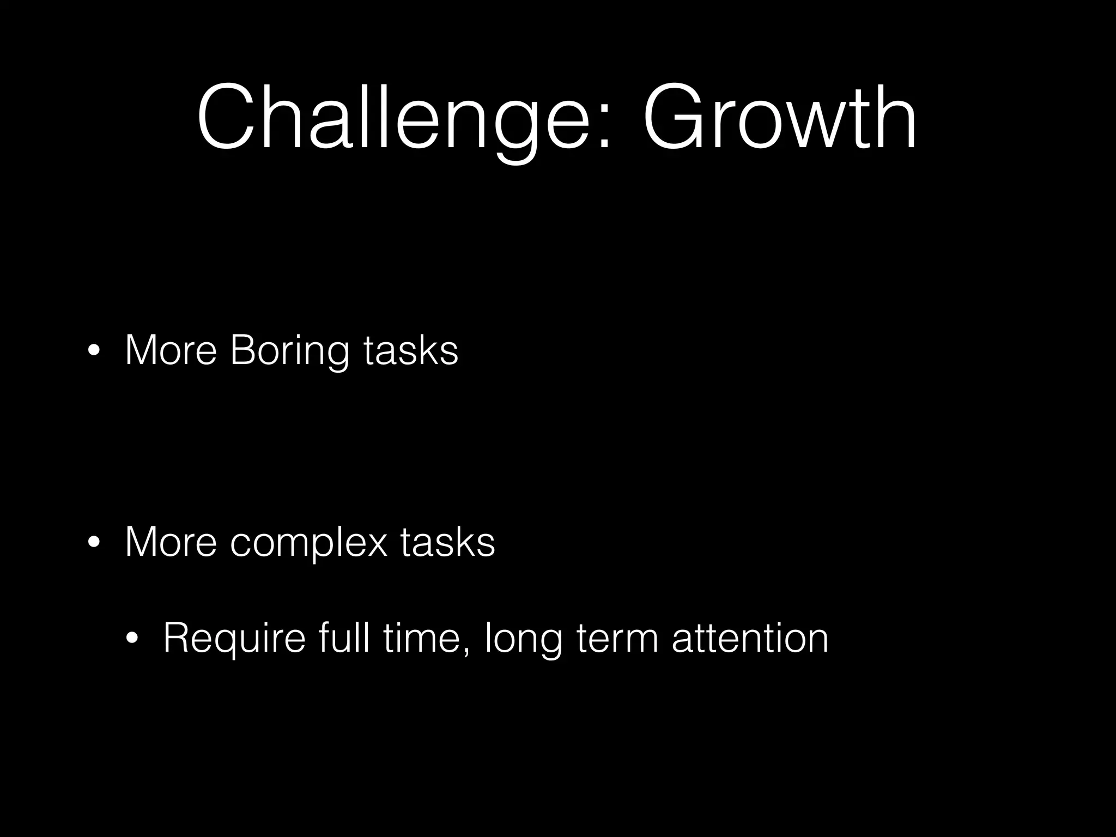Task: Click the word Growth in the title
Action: (x=779, y=117)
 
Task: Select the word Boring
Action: (x=289, y=351)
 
